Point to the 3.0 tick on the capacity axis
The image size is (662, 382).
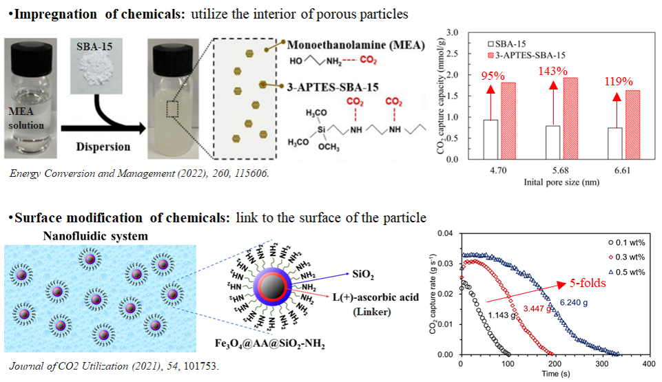[x=453, y=32]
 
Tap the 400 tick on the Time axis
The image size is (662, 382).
[x=648, y=363]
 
